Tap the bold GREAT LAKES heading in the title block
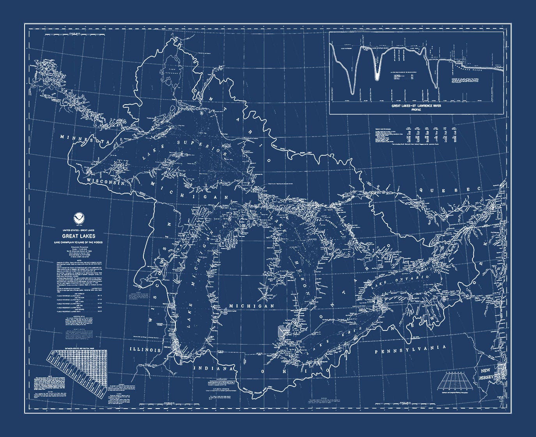pyautogui.click(x=78, y=236)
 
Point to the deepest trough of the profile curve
pyautogui.click(x=352, y=93)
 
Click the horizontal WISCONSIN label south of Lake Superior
pyautogui.click(x=106, y=182)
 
